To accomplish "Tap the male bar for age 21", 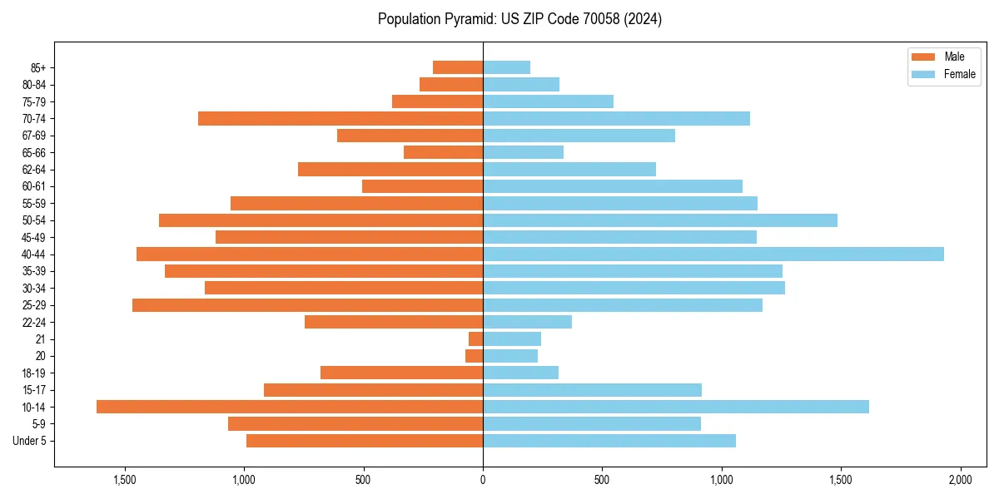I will pyautogui.click(x=475, y=339).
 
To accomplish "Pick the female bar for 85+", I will pyautogui.click(x=506, y=67).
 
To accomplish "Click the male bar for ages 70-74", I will pyautogui.click(x=340, y=119).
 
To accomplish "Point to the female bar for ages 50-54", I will pyautogui.click(x=659, y=220).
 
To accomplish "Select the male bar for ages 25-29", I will pyautogui.click(x=307, y=305).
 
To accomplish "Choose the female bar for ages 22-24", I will pyautogui.click(x=527, y=322).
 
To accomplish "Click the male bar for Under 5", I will pyautogui.click(x=365, y=441).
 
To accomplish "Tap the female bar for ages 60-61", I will pyautogui.click(x=612, y=186).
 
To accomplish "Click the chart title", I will pyautogui.click(x=519, y=19).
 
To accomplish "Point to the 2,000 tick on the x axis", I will pyautogui.click(x=960, y=481).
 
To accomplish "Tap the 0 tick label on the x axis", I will pyautogui.click(x=483, y=481).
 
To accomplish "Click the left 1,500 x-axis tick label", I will pyautogui.click(x=125, y=481).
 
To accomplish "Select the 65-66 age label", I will pyautogui.click(x=33, y=153).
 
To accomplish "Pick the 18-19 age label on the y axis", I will pyautogui.click(x=33, y=373).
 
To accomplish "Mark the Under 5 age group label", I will pyautogui.click(x=29, y=441).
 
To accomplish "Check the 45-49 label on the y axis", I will pyautogui.click(x=33, y=238).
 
